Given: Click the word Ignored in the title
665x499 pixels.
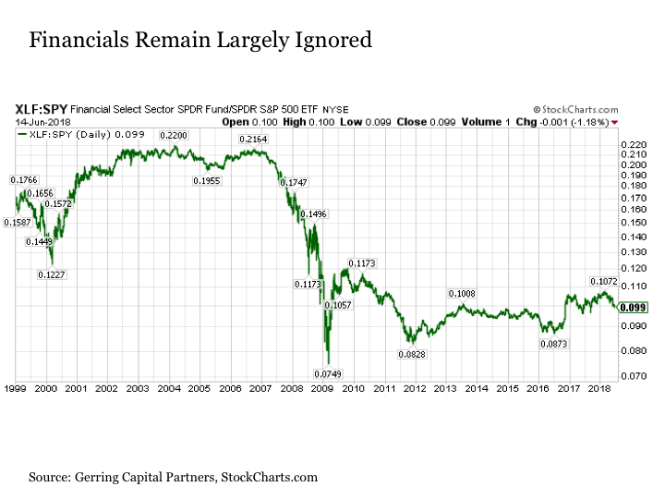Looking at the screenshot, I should click(x=324, y=40).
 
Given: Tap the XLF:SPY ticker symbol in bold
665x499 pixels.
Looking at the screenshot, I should click(x=40, y=108).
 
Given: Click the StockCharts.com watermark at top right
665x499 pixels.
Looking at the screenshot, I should click(x=574, y=109).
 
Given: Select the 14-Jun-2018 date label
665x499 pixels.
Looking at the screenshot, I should click(x=35, y=120).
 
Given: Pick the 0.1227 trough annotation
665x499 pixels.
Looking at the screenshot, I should click(x=52, y=274).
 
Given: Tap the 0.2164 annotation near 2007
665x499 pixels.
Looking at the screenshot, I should click(x=253, y=140).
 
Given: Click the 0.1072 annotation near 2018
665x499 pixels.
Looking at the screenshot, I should click(x=603, y=281).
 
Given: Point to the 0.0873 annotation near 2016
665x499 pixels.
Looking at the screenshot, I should click(x=556, y=343).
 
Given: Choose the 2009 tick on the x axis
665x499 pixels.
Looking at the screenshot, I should click(x=321, y=388).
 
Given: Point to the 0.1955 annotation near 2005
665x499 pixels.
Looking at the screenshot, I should click(x=207, y=180).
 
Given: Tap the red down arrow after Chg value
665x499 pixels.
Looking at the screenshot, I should click(x=615, y=121).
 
